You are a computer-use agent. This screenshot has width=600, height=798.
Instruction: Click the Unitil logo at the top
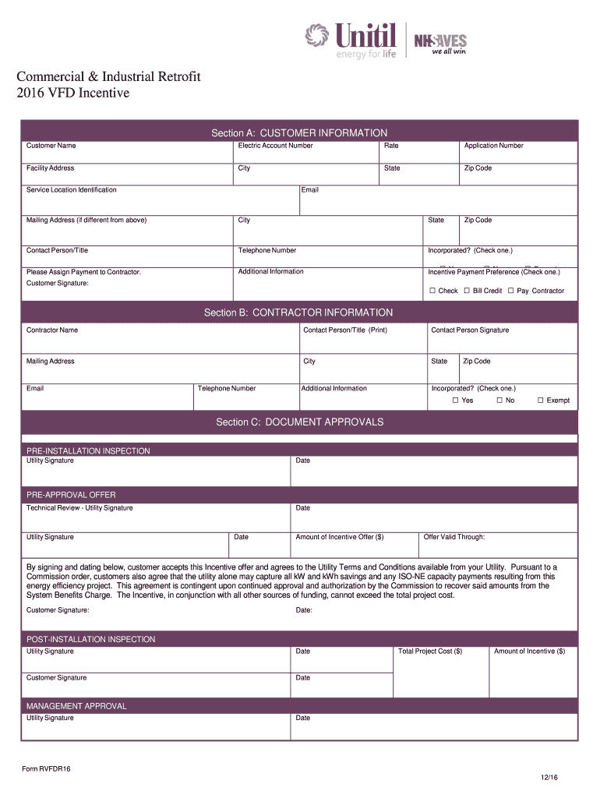(351, 41)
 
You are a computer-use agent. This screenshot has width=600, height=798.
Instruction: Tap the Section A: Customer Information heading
(299, 133)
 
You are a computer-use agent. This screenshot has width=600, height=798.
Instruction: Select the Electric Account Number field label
(275, 146)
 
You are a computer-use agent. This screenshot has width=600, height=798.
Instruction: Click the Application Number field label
(493, 146)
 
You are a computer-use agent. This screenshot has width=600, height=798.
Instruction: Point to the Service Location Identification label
(72, 190)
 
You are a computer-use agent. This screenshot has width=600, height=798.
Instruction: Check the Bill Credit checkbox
(467, 291)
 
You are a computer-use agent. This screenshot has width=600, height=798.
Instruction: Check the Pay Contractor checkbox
(510, 291)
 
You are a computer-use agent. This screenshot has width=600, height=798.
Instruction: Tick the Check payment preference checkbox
(432, 291)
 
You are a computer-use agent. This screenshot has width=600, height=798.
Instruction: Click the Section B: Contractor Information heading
(298, 312)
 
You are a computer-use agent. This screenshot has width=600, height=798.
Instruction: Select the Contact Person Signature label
(470, 330)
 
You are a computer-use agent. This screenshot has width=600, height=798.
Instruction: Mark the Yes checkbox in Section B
(455, 401)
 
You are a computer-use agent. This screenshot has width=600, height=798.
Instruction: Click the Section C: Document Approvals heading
(299, 422)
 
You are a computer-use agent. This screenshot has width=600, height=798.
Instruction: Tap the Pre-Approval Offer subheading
(71, 495)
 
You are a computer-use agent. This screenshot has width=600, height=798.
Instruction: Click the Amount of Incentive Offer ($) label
(340, 537)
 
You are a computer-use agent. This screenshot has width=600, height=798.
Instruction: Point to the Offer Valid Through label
(454, 537)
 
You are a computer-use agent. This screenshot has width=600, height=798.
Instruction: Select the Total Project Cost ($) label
(430, 651)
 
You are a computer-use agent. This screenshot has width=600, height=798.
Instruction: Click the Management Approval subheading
(76, 706)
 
